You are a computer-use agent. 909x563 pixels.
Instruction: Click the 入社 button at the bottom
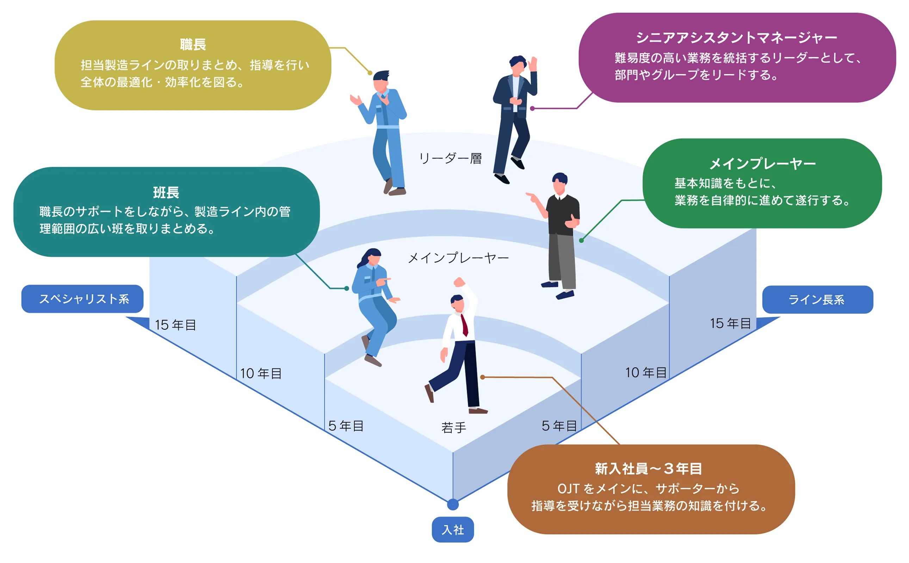(x=452, y=529)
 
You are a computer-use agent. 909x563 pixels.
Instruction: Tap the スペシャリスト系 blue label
(x=82, y=299)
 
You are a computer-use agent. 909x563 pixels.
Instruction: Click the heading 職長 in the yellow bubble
(x=193, y=45)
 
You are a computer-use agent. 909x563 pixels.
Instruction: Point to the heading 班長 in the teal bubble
(x=166, y=192)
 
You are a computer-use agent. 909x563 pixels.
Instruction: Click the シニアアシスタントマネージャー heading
(x=736, y=37)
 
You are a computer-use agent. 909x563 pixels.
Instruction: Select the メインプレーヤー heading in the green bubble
(x=762, y=164)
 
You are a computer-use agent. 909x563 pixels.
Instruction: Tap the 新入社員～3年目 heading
(x=648, y=468)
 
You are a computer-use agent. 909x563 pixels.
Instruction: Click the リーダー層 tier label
(x=450, y=159)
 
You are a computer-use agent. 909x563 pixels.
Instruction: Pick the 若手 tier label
(x=453, y=428)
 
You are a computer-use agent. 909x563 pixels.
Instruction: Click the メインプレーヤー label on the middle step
(x=458, y=258)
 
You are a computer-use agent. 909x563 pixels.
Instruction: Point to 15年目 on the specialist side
(x=175, y=325)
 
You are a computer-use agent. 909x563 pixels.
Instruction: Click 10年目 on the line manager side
(x=645, y=372)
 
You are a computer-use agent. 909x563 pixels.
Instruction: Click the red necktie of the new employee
(x=465, y=325)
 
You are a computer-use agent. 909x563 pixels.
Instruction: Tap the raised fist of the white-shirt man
(x=459, y=282)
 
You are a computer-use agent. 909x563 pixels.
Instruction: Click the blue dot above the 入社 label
(x=453, y=505)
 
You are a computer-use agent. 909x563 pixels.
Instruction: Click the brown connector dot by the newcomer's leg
(x=482, y=377)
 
